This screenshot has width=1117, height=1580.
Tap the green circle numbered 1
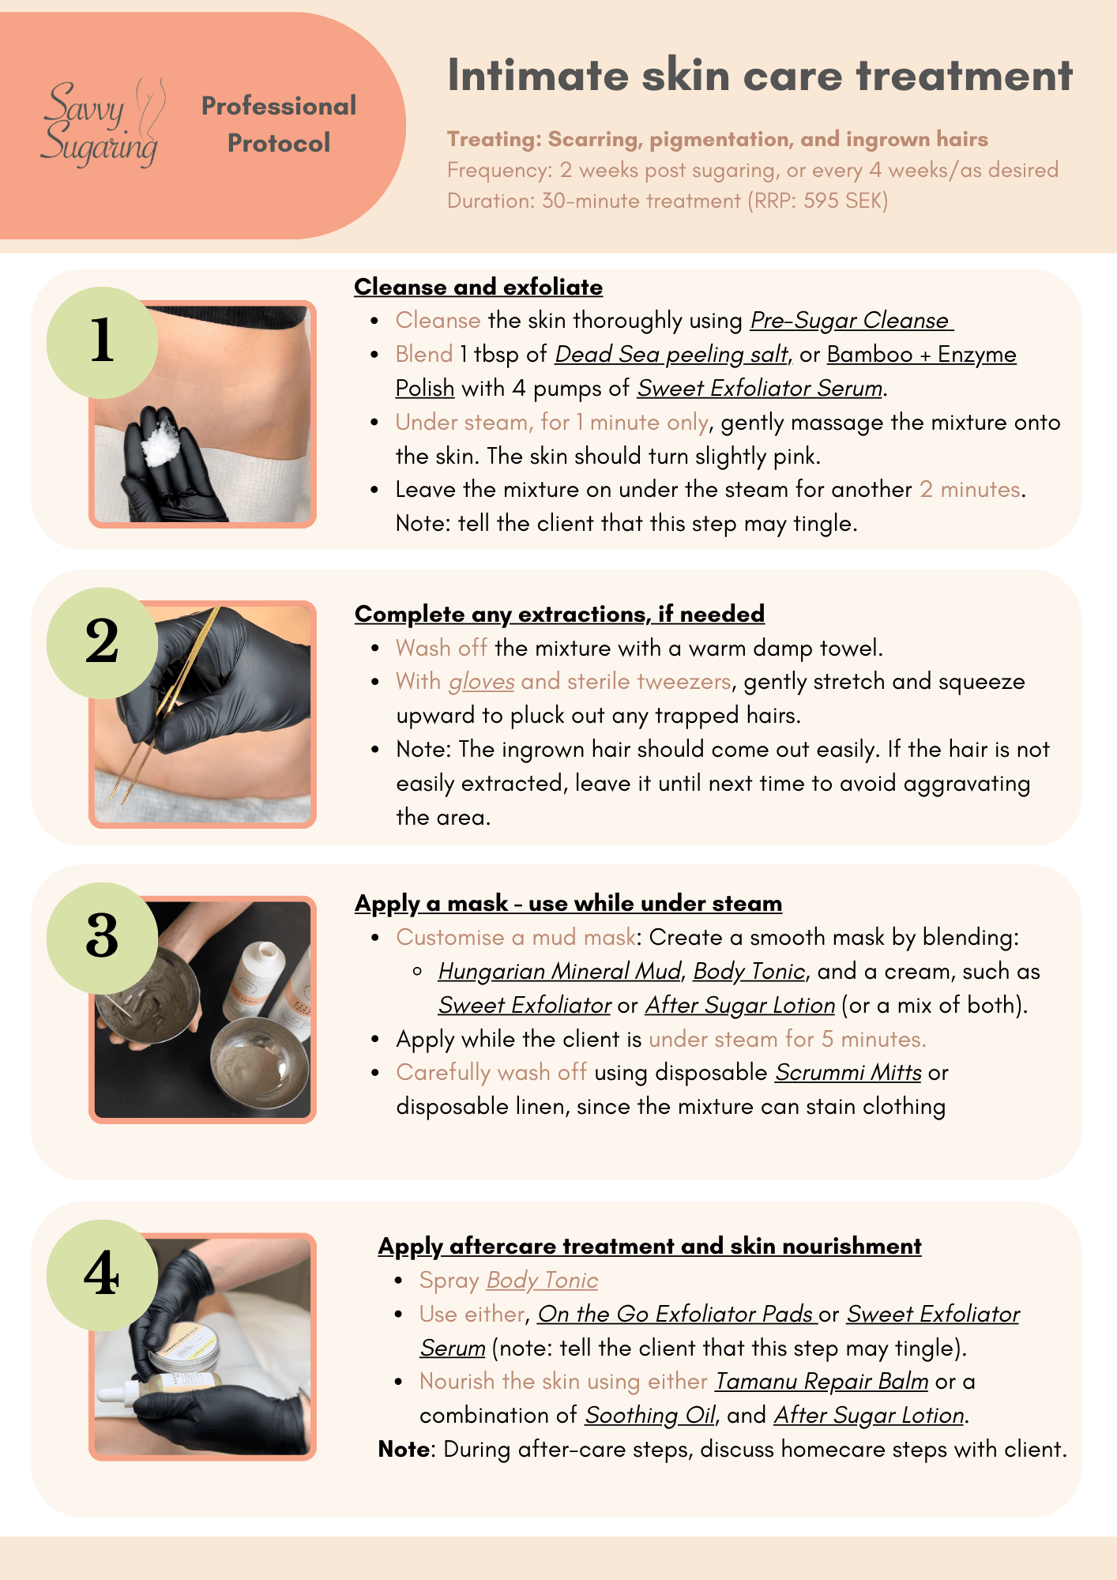pos(102,342)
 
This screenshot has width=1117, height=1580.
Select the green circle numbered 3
pos(102,937)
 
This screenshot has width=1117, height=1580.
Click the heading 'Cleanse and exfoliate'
pos(478,287)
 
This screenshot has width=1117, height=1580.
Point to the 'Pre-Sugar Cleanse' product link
pos(850,321)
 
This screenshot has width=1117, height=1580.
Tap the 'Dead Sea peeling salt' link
pos(671,355)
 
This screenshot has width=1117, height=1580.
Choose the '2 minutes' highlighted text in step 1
pos(970,490)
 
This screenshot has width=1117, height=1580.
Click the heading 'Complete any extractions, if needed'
pos(559,614)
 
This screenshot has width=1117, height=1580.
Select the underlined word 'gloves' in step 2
pos(481,682)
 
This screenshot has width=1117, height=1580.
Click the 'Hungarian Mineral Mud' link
pos(559,972)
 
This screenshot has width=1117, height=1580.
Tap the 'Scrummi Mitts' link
pos(848,1073)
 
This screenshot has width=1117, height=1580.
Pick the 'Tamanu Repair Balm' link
pos(822,1382)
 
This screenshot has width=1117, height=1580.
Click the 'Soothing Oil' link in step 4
pos(649,1416)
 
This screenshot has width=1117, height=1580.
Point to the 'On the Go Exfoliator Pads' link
pos(676,1315)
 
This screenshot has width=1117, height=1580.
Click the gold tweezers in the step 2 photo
pos(170,703)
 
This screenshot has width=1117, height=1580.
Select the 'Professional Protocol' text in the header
pos(279,124)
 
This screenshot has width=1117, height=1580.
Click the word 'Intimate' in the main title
pos(537,77)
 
